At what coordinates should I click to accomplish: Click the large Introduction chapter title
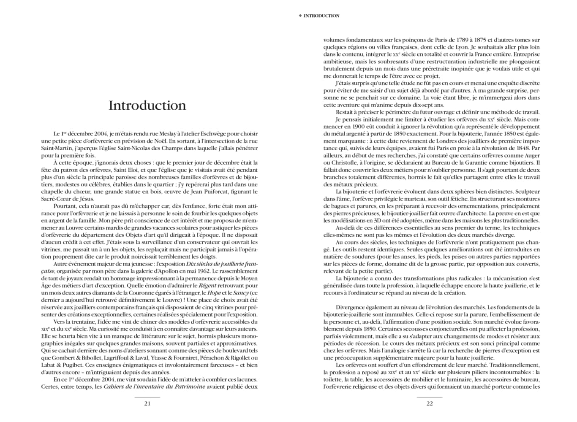click(x=147, y=105)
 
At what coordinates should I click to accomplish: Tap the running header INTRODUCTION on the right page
click(x=321, y=16)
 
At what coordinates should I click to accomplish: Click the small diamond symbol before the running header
click(x=300, y=16)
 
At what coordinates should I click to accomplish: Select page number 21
click(x=147, y=403)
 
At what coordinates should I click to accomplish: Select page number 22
click(x=430, y=403)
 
